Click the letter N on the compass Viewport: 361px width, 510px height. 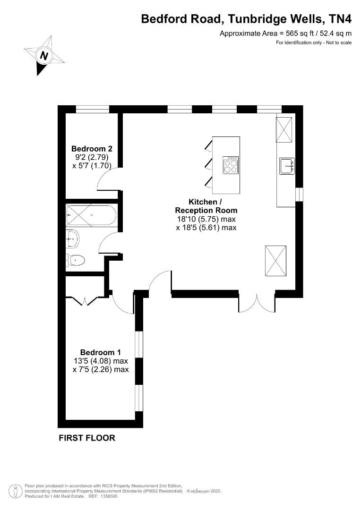44,56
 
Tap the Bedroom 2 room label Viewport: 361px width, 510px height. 92,149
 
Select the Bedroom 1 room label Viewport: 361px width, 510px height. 101,352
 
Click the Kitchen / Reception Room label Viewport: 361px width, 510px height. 206,206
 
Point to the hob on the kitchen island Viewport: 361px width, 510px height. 231,165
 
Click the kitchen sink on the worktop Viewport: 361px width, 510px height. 287,166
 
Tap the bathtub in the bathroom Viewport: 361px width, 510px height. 91,215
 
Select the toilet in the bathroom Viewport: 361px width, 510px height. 75,260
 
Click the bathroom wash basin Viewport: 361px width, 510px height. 72,239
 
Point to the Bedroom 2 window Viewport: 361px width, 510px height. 92,109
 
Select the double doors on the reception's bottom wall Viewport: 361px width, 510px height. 257,303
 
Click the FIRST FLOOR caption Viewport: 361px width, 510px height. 87,438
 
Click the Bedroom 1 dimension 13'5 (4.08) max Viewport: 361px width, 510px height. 101,361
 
